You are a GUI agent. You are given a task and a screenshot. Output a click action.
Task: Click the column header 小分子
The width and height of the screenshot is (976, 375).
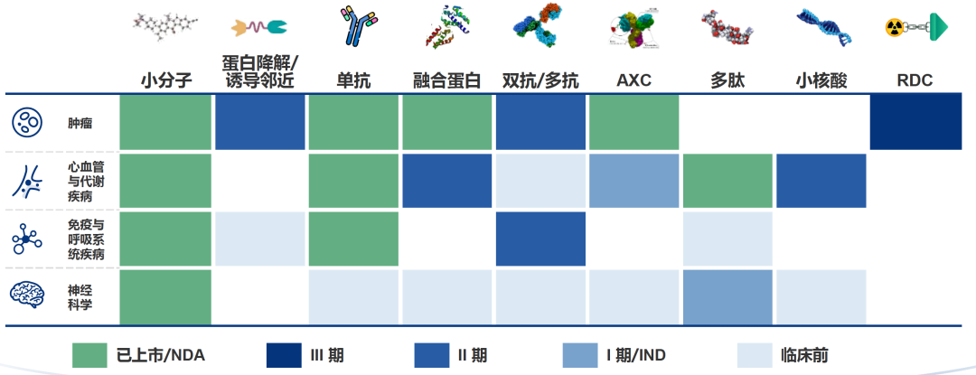tap(166, 80)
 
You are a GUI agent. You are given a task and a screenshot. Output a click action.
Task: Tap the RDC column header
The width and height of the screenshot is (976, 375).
tap(915, 80)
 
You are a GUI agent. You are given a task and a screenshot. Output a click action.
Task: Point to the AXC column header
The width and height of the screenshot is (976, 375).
tap(633, 80)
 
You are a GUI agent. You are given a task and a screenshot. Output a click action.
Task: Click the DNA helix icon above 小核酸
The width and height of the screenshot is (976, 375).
tap(823, 27)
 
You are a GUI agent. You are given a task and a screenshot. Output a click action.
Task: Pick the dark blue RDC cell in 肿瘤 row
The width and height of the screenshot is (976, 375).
tap(915, 123)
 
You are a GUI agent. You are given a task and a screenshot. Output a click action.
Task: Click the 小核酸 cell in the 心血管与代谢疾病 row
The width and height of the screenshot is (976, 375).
tap(821, 181)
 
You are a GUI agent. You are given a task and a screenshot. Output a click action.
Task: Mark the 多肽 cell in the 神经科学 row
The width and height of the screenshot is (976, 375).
tap(727, 297)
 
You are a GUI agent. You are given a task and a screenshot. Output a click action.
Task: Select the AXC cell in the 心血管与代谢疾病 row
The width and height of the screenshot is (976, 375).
tap(633, 181)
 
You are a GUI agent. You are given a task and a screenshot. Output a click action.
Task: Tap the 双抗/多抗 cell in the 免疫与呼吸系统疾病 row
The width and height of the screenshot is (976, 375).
tap(540, 239)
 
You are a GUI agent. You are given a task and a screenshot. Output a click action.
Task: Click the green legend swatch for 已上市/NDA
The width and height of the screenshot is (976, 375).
tap(89, 355)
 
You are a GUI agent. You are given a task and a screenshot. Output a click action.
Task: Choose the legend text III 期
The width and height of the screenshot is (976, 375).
tap(326, 356)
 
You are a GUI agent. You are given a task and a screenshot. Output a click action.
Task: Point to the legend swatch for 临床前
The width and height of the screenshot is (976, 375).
tap(755, 355)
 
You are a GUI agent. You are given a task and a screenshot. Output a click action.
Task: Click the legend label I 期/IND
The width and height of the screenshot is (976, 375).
tap(636, 356)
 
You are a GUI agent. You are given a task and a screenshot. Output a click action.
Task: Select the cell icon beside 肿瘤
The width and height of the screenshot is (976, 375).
tap(27, 123)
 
